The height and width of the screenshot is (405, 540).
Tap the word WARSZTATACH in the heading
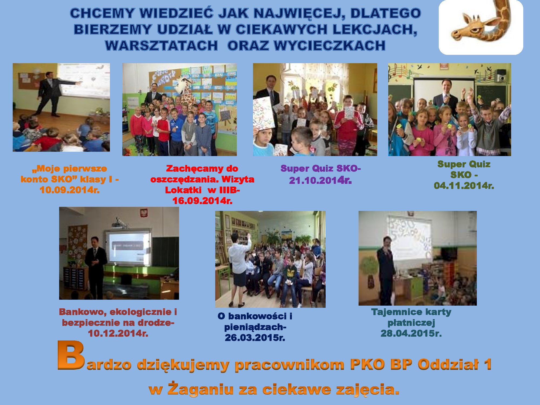pos(161,45)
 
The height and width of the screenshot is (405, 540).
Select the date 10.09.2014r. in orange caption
pos(70,190)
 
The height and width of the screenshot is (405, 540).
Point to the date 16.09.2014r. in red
pos(202,201)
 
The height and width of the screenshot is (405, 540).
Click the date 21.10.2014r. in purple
pos(320,180)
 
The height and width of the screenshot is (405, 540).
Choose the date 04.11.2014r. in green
pos(464,185)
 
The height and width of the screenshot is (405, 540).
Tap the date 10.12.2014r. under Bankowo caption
pos(118,333)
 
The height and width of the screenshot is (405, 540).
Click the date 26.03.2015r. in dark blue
pos(255,337)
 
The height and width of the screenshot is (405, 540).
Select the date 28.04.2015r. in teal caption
pos(411,333)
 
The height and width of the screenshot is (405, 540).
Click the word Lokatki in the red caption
pos(183,190)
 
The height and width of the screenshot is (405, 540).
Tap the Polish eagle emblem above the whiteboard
pos(144,213)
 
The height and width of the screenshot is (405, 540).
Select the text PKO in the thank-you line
pos(367,364)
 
